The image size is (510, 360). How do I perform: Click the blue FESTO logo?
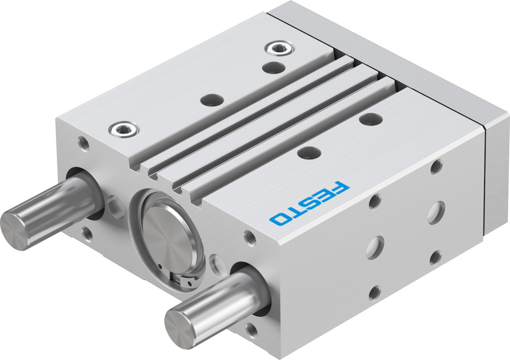[x=309, y=203]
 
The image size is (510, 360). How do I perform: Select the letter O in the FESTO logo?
[x=279, y=220]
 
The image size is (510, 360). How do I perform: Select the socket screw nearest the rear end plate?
[x=279, y=48]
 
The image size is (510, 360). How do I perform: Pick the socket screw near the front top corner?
[x=124, y=129]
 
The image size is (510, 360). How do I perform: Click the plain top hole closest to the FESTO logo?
[x=309, y=153]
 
